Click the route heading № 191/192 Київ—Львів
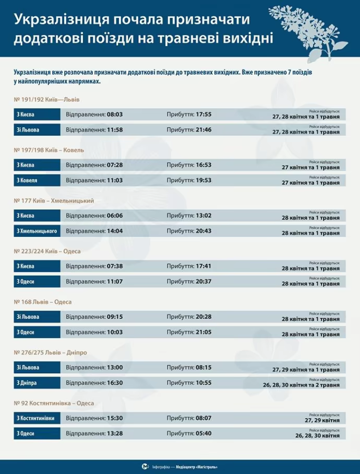click(47, 99)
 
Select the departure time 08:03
click(114, 114)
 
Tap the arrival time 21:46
click(203, 129)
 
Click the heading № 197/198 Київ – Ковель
click(50, 150)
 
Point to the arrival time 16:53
click(203, 165)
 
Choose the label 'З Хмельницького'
click(37, 231)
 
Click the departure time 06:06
click(114, 216)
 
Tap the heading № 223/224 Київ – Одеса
click(48, 251)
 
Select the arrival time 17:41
click(203, 266)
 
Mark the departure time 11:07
click(114, 281)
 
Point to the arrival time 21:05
click(203, 332)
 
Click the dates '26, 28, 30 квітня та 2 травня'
click(303, 385)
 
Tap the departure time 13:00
click(114, 368)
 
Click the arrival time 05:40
click(203, 433)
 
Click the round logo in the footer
click(146, 466)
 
